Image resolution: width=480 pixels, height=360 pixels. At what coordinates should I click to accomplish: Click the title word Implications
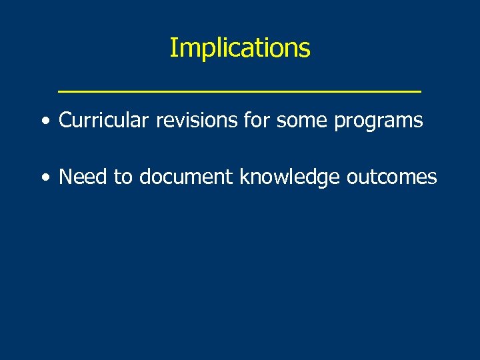click(x=239, y=48)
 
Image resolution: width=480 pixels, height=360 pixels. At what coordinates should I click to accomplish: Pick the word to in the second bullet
click(x=125, y=177)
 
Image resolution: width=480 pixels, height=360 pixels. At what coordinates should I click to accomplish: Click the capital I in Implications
click(x=173, y=48)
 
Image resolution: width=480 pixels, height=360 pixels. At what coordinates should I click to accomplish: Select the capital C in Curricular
click(x=65, y=121)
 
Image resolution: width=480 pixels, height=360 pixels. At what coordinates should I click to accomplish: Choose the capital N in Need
click(x=65, y=177)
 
